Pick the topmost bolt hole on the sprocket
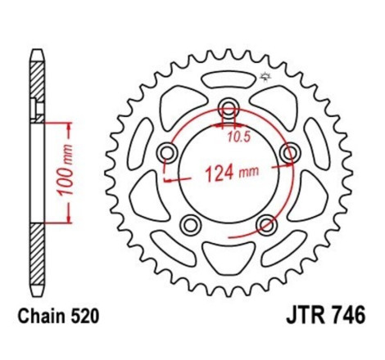click(x=229, y=106)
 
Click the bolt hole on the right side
click(x=288, y=153)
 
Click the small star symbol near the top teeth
click(x=265, y=78)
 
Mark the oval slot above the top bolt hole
click(x=229, y=79)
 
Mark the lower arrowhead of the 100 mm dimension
click(x=61, y=219)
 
